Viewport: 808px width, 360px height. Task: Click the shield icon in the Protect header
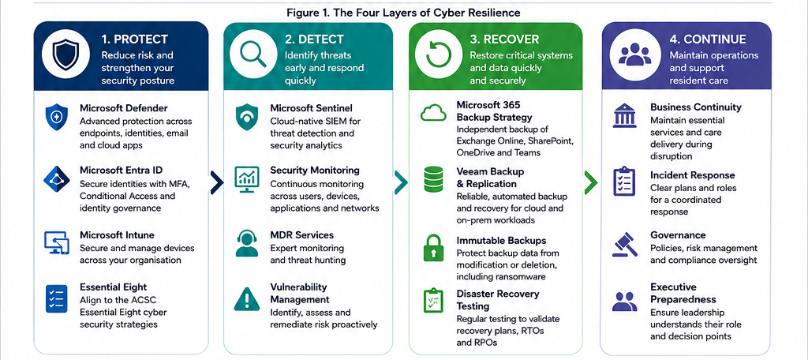[65, 54]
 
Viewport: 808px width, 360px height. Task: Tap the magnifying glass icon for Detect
[253, 54]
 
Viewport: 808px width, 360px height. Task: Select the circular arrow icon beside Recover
[439, 54]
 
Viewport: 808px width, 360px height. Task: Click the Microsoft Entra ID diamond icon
[57, 179]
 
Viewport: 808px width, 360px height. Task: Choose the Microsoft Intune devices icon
[57, 242]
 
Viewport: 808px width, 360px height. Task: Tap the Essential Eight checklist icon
[57, 298]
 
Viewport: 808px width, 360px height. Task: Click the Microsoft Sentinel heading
[311, 108]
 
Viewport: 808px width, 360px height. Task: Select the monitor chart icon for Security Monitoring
[246, 179]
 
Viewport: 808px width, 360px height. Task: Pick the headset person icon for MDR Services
[247, 243]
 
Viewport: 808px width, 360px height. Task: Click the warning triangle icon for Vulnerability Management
[247, 299]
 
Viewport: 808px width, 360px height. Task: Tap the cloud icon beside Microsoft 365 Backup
[433, 113]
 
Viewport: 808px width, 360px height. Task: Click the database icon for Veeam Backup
[433, 179]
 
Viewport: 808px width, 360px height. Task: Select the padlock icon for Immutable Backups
[433, 249]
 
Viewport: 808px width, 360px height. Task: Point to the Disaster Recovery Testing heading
[498, 300]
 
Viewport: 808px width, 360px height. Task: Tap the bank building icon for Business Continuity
[624, 115]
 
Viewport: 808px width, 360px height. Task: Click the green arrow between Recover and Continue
[591, 182]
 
